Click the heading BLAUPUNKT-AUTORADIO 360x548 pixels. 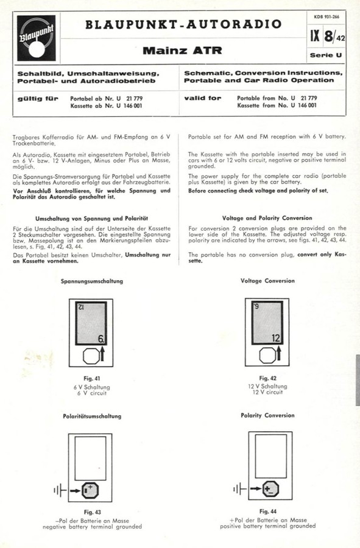tap(183, 24)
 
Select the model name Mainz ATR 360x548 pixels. tap(182, 50)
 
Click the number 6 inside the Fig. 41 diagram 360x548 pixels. tap(101, 337)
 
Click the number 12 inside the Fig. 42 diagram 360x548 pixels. tap(275, 338)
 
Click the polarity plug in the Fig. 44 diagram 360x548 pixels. tap(270, 488)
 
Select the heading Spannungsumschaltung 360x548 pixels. tap(92, 281)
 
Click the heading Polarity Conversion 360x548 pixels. tap(267, 415)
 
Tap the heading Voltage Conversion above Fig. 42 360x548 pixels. tap(267, 281)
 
